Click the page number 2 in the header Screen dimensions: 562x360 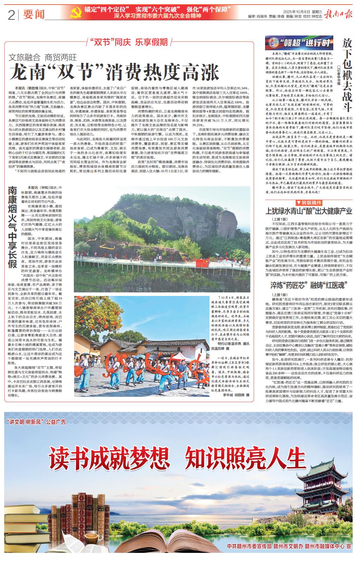click(11, 15)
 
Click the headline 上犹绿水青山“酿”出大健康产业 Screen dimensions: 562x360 click(309, 211)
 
